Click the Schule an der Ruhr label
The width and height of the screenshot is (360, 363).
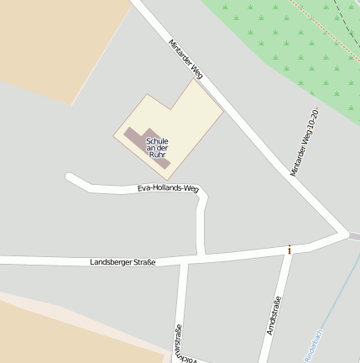pos(157,148)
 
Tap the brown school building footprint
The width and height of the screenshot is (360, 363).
pos(134,136)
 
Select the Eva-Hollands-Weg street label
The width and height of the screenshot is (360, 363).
pos(168,189)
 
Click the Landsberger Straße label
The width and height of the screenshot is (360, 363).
pos(123,263)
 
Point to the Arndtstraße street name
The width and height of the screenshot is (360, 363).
pos(274,316)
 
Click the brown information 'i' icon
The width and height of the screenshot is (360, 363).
pos(290,250)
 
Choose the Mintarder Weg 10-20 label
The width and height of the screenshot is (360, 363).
pos(304,142)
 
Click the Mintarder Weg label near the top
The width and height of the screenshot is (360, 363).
pos(185,59)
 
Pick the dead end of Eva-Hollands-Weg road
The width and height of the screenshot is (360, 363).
pos(70,177)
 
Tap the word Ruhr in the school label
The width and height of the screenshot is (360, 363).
pos(157,155)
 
